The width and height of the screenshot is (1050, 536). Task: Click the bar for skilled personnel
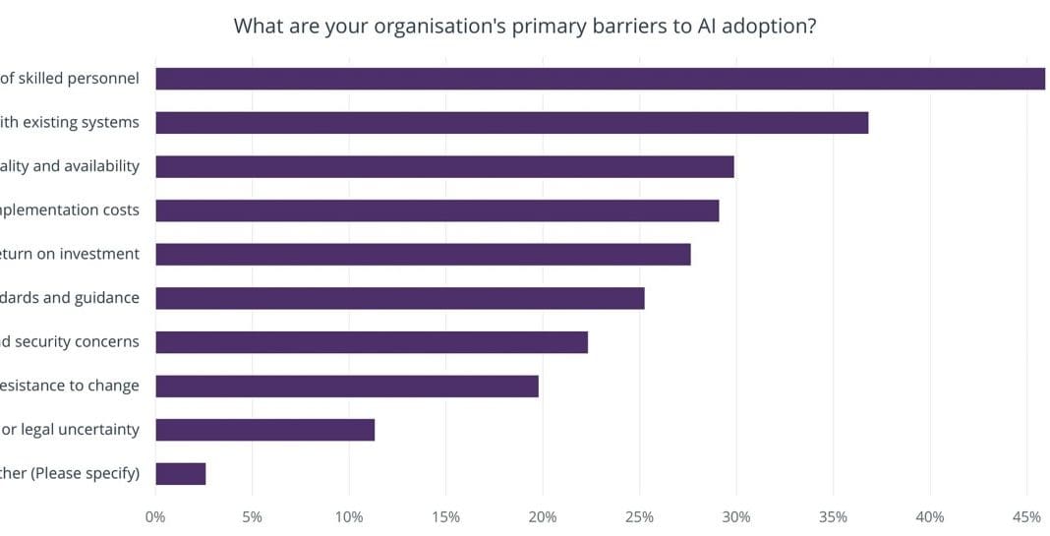pyautogui.click(x=600, y=79)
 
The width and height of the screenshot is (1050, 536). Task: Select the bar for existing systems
pyautogui.click(x=511, y=123)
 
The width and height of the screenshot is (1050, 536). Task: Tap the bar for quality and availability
pyautogui.click(x=444, y=166)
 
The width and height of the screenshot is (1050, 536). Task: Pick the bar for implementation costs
pyautogui.click(x=437, y=210)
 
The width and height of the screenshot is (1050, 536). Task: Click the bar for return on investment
pyautogui.click(x=423, y=254)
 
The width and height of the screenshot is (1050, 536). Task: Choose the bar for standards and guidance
pyautogui.click(x=399, y=298)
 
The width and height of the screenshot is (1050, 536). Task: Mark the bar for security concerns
pyautogui.click(x=372, y=341)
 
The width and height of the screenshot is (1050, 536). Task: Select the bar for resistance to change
pyautogui.click(x=346, y=386)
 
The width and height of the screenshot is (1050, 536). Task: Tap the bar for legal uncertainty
pyautogui.click(x=264, y=430)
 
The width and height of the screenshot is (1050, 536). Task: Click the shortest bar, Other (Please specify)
pyautogui.click(x=180, y=473)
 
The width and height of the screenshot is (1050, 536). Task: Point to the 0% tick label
pyautogui.click(x=155, y=517)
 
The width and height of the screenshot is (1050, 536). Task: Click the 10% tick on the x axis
pyautogui.click(x=349, y=517)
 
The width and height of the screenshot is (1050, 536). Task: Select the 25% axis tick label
pyautogui.click(x=639, y=517)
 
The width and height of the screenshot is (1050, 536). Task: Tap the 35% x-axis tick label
pyautogui.click(x=833, y=517)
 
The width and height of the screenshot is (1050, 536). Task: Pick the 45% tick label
pyautogui.click(x=1026, y=517)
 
